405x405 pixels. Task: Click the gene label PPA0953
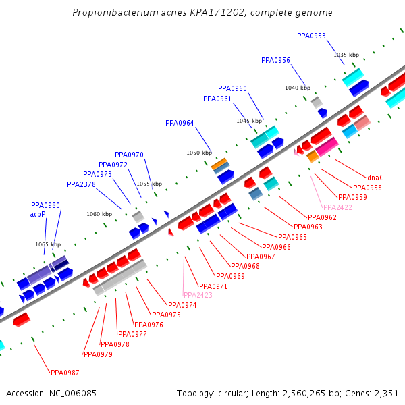[x=311, y=36]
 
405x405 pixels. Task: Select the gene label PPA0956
[x=275, y=60]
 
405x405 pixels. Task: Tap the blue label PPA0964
[x=180, y=123]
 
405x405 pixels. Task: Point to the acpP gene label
[x=38, y=214]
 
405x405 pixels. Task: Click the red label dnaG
[x=376, y=178]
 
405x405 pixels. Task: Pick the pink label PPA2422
[x=337, y=207]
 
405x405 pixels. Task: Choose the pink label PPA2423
[x=198, y=295]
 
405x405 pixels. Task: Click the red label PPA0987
[x=65, y=372]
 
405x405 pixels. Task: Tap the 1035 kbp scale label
[x=346, y=55]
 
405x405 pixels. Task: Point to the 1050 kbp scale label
[x=199, y=153]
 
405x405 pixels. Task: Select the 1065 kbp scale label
[x=48, y=244]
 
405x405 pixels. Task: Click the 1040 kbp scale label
[x=298, y=88]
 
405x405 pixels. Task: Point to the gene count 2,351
[x=386, y=393]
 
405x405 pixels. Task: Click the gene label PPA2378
[x=81, y=184]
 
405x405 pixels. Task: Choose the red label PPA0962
[x=322, y=217]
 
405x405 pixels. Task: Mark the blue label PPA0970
[x=129, y=155]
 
